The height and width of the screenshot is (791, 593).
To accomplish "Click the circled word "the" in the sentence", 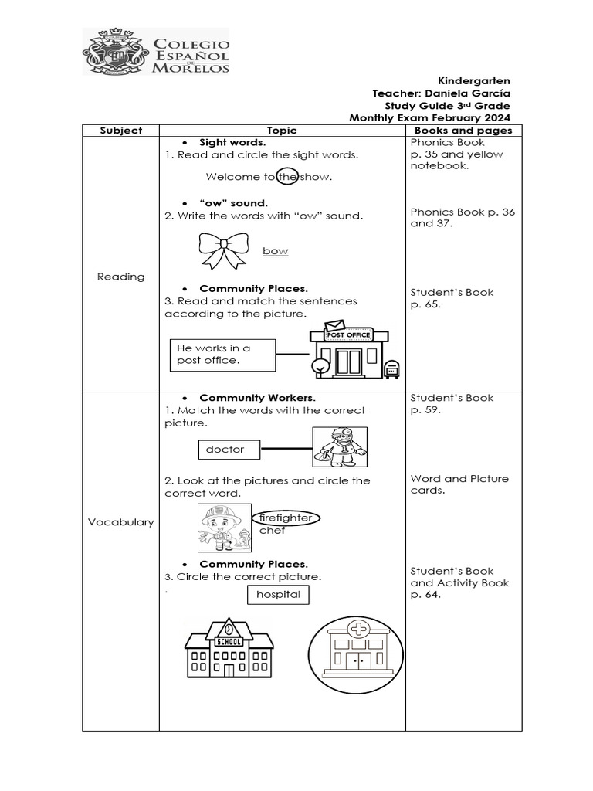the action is point(286,177).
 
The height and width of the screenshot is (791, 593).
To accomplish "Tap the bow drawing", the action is point(224,250).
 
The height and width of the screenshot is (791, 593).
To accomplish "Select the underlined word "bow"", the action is point(275,251).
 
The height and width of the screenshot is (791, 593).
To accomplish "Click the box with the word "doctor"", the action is point(229,449).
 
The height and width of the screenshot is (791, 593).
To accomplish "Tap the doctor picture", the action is point(340,447).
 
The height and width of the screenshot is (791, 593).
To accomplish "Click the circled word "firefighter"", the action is point(286,518).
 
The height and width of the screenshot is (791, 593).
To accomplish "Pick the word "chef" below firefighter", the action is point(272,531).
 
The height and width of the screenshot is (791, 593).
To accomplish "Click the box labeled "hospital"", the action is point(278,595).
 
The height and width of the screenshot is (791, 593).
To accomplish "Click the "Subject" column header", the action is point(121,131).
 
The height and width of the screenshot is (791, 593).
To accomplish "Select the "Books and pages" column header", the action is point(463,131).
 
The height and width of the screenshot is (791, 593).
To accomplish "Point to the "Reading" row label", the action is point(121,277).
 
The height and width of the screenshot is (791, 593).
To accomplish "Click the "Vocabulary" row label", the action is point(121,522).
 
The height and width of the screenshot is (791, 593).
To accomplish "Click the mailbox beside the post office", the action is point(391,369).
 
